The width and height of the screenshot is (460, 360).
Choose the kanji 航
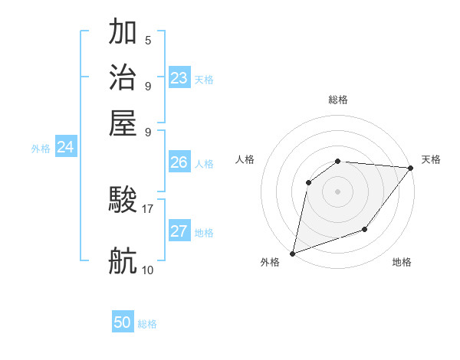(x=123, y=261)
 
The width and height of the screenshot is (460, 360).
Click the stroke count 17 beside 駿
(x=148, y=208)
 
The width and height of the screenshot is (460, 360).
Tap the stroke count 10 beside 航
(x=148, y=270)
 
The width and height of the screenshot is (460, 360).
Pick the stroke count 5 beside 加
(x=148, y=40)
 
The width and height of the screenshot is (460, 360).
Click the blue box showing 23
(x=179, y=77)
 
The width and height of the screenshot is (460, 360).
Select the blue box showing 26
(x=179, y=162)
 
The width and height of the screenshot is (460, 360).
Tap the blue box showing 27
(x=179, y=231)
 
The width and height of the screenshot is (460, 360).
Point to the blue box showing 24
(x=66, y=147)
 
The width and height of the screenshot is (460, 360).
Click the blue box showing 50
(x=123, y=322)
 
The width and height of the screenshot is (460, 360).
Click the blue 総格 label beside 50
(x=147, y=324)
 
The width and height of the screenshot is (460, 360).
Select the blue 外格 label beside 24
(x=41, y=149)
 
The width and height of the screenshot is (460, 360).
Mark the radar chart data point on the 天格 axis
(x=411, y=169)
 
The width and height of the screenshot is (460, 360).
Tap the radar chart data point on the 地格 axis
(x=365, y=229)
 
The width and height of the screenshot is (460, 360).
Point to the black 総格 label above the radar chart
(x=338, y=100)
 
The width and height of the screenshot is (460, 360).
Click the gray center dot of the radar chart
(x=337, y=191)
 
